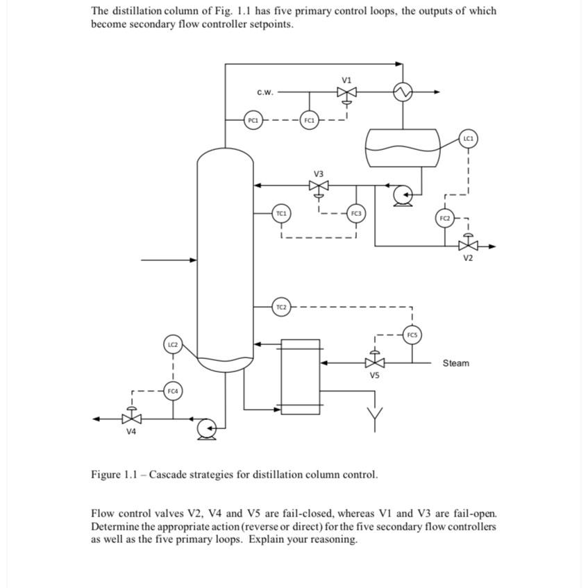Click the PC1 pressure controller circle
[253, 120]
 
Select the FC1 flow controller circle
[309, 120]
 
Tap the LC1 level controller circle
[469, 139]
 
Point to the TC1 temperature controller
[281, 213]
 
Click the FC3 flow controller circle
[356, 213]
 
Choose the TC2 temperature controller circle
[281, 306]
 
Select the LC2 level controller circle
[173, 344]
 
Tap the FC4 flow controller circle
[173, 392]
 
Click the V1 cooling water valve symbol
[346, 92]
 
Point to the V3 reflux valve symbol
[319, 186]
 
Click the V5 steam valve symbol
[375, 362]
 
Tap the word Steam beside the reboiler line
[455, 363]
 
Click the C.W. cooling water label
[265, 92]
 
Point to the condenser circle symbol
[402, 92]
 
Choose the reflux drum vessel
[403, 148]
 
